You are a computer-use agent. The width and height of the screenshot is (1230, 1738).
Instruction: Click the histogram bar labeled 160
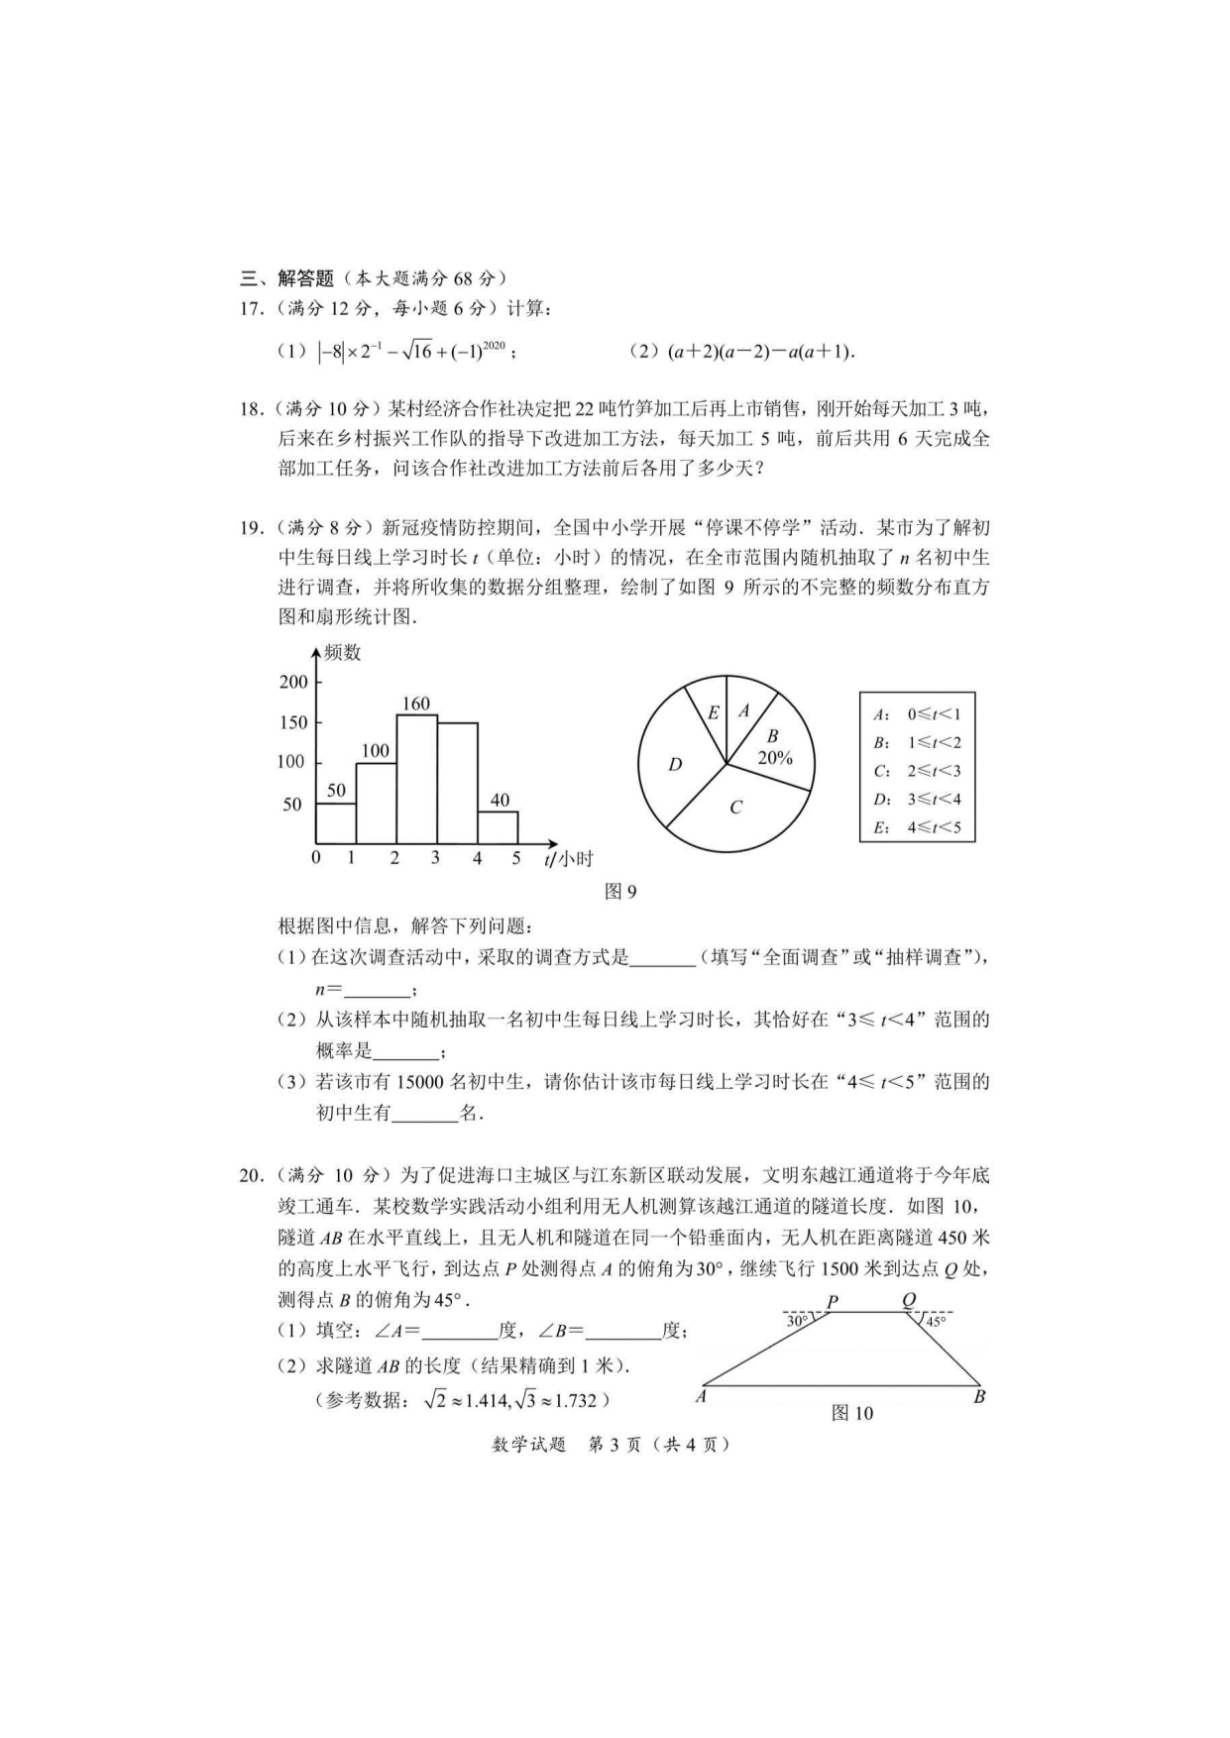[x=416, y=779]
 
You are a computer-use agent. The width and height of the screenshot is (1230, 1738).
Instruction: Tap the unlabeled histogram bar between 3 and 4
[x=457, y=783]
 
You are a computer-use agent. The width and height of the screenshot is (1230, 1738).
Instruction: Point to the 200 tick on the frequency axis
[x=293, y=682]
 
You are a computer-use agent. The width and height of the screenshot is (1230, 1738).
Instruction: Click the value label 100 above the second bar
[x=375, y=751]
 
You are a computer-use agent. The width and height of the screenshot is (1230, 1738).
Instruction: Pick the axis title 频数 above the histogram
[x=343, y=653]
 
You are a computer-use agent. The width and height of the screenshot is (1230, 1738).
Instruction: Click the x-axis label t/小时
[x=568, y=859]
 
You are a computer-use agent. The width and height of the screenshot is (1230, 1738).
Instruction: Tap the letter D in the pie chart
[x=675, y=764]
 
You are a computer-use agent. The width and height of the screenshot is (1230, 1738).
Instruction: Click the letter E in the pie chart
[x=713, y=712]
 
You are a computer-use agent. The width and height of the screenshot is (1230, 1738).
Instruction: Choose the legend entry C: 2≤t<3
[x=917, y=771]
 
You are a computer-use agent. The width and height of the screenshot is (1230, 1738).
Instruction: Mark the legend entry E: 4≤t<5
[x=917, y=827]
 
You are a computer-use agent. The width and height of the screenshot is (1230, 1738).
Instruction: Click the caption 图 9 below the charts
[x=620, y=892]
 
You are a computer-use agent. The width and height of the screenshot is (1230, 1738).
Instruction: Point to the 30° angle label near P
[x=797, y=1321]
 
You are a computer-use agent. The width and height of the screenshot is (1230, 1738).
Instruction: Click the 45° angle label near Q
[x=936, y=1321]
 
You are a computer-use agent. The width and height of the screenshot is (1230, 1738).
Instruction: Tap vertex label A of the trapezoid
[x=701, y=1397]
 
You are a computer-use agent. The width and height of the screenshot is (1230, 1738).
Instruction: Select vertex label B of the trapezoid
[x=979, y=1397]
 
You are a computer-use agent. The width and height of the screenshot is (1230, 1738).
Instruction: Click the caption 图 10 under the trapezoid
[x=852, y=1413]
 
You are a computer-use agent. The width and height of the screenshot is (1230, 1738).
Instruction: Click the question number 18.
[x=251, y=408]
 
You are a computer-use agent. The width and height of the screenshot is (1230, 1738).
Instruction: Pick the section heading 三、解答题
[x=286, y=278]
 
